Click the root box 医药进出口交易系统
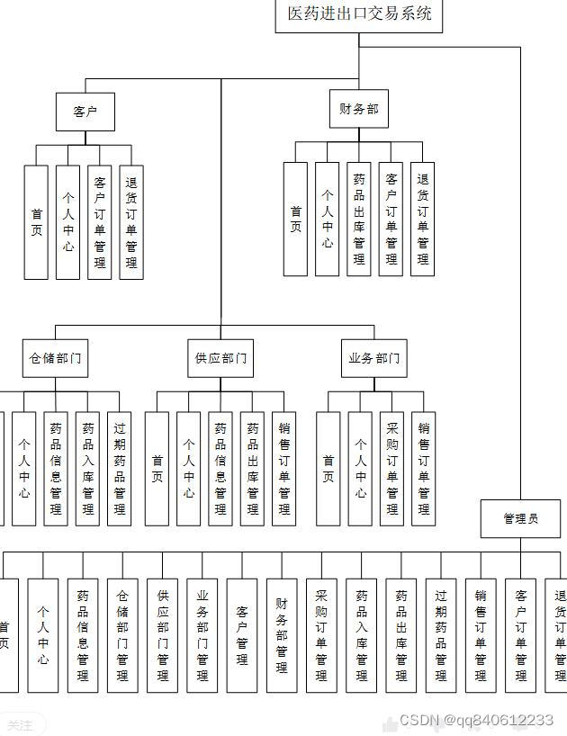click(359, 14)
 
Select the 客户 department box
click(85, 112)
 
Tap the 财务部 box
click(359, 110)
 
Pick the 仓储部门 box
click(55, 358)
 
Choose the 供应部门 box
click(220, 358)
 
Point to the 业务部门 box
click(373, 358)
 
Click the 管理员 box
click(520, 518)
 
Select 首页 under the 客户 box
click(36, 221)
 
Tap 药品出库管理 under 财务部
click(359, 219)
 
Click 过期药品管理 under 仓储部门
click(119, 468)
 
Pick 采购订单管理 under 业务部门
click(391, 468)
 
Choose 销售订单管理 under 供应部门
click(284, 468)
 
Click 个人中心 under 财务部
click(328, 219)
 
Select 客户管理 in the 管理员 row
click(242, 634)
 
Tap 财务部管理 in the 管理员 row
click(282, 634)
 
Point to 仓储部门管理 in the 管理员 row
click(122, 634)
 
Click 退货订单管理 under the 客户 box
click(131, 221)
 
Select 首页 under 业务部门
click(328, 468)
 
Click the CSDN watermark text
click(476, 721)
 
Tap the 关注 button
click(20, 724)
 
